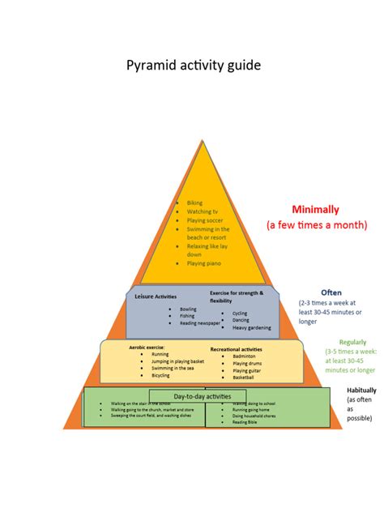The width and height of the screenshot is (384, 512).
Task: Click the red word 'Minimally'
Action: click(316, 209)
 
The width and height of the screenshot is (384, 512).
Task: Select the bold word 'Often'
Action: click(331, 292)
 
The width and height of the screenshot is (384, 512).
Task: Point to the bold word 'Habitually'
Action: click(361, 390)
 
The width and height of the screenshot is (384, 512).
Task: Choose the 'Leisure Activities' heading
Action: click(155, 297)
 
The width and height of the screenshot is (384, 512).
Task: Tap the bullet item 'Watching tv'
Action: click(203, 211)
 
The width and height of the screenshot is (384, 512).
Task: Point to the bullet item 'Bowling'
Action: click(188, 309)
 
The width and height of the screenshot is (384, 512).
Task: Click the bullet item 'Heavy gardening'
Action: click(251, 327)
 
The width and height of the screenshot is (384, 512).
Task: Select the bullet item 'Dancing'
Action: click(241, 320)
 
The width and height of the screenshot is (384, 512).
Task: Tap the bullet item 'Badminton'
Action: click(244, 356)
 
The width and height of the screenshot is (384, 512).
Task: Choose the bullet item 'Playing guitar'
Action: click(246, 370)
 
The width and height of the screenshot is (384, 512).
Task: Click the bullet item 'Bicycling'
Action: click(160, 375)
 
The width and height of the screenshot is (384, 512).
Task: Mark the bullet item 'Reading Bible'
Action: click(248, 422)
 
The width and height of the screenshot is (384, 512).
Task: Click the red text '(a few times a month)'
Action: click(317, 224)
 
